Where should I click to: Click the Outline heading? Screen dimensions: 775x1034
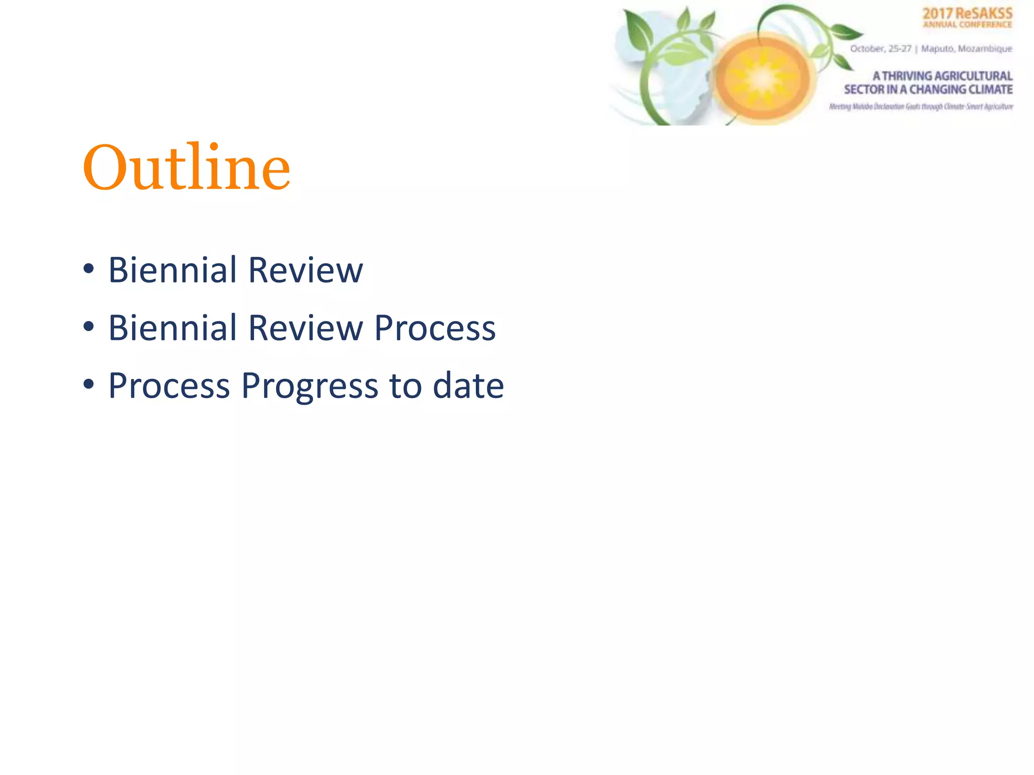click(187, 168)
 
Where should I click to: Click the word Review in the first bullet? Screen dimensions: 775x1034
click(305, 270)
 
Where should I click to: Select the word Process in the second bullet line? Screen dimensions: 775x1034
click(435, 328)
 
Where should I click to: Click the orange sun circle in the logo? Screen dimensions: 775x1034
click(762, 78)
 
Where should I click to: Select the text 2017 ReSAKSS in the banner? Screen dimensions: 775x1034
click(967, 14)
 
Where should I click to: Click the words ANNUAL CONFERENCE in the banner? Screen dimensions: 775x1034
click(967, 24)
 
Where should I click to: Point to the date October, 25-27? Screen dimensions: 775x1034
click(881, 48)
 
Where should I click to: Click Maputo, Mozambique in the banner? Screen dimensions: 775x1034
click(966, 48)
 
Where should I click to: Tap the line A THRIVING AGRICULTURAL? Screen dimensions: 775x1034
click(942, 76)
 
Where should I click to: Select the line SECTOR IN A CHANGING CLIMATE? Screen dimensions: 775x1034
click(928, 89)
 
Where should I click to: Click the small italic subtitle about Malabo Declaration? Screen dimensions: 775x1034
click(920, 106)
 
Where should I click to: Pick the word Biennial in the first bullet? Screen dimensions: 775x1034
click(172, 270)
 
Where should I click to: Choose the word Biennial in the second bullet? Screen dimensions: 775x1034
click(172, 328)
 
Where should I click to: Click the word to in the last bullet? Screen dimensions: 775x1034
click(405, 386)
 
